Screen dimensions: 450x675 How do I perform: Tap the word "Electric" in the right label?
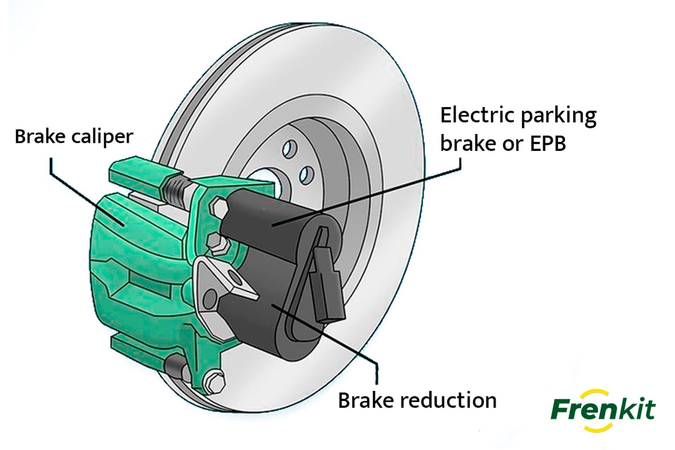(474, 115)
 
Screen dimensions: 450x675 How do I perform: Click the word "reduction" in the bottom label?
(450, 400)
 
